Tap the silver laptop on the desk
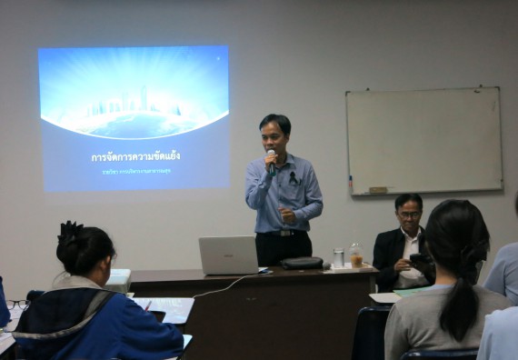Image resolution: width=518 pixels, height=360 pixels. pos(228,255)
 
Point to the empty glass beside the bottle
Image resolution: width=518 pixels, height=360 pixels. pos(338,257)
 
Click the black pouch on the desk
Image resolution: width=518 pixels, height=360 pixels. pos(301,263)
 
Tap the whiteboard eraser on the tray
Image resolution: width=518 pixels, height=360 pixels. pos(377,190)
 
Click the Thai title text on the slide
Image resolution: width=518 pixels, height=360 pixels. pos(133,156)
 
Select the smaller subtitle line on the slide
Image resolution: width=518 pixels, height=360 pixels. pos(134,170)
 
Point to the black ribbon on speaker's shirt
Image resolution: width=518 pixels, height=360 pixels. pos(293,179)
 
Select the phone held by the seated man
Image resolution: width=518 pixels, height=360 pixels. pos(419,261)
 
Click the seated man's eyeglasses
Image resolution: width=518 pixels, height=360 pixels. pos(409,215)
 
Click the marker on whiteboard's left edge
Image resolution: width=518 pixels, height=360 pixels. pos(350,185)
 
